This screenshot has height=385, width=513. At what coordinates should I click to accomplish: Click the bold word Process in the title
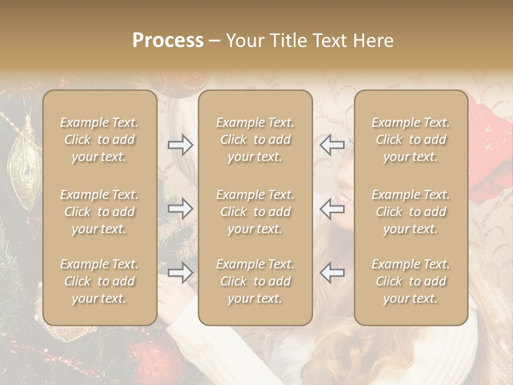pos(168,41)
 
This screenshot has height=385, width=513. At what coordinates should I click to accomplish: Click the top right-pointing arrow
pos(181,145)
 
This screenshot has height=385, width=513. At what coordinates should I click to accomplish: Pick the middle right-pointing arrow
pos(181,209)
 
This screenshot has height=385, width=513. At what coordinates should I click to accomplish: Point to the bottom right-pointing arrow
pos(181,273)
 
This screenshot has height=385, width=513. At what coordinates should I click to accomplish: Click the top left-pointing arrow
pos(332,145)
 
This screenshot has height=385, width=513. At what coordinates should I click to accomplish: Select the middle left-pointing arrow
pos(332,209)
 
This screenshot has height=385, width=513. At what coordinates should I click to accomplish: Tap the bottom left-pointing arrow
pos(332,273)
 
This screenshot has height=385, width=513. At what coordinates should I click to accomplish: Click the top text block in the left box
pos(99,140)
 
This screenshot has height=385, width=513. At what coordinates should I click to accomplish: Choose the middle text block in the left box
pos(99,212)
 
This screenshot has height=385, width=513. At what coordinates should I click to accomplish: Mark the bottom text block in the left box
pos(99,281)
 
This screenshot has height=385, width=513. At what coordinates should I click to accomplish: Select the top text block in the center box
pos(255,140)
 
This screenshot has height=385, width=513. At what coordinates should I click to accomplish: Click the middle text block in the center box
pos(255,212)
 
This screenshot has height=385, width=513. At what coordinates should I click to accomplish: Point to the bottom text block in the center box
pos(255,281)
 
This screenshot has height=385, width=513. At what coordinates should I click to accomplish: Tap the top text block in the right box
pos(410,140)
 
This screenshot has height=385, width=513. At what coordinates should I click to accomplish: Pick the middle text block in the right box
pos(410,212)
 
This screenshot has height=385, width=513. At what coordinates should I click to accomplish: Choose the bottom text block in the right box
pos(410,281)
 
